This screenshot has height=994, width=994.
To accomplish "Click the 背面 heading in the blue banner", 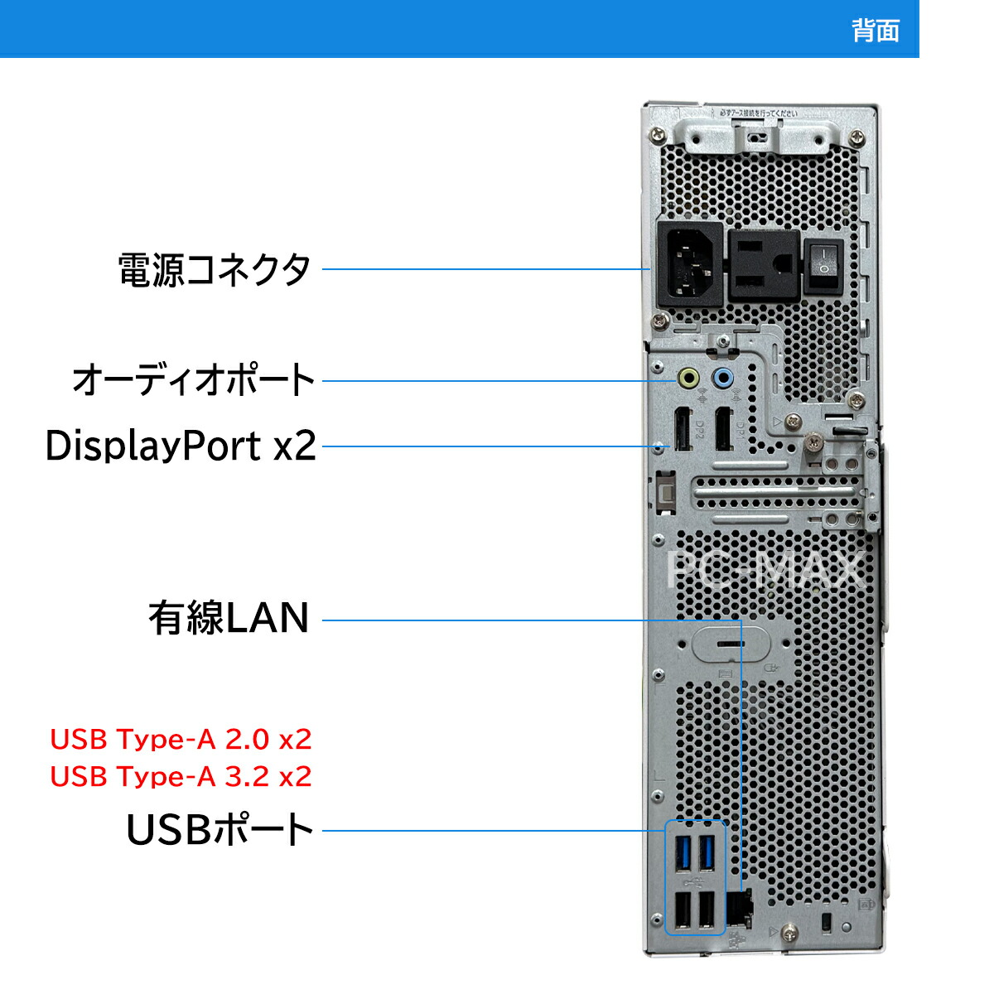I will point(875,31).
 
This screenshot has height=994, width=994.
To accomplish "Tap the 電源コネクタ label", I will point(215,269).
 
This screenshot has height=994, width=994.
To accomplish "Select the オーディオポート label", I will point(194,380).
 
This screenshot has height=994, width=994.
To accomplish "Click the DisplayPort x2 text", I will point(181,446).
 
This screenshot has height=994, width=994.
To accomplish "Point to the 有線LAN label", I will point(229,618).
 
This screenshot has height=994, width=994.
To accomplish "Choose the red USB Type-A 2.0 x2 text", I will point(181,739).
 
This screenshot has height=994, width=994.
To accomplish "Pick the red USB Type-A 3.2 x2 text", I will point(181,776).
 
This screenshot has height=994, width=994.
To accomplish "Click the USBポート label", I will point(220,829).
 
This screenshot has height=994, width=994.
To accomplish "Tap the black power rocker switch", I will point(824,265).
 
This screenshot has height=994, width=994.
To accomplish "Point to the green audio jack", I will point(688,379).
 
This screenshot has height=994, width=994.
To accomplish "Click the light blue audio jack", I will point(723,379).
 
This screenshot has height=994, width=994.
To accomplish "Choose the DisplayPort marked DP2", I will point(683,429).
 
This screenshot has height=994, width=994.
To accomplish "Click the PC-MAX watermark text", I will point(766,570).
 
